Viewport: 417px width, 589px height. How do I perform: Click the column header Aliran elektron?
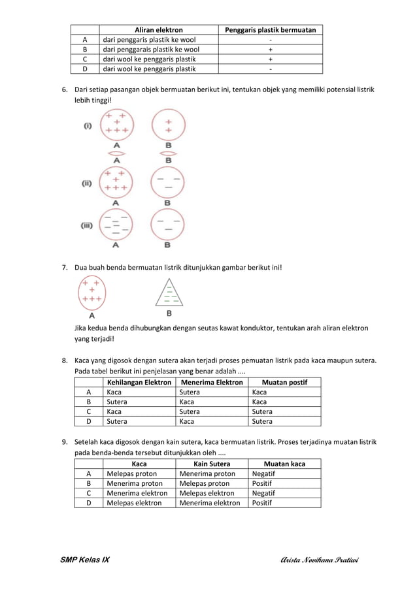[158, 30]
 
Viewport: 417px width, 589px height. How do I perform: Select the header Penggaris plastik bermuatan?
[270, 30]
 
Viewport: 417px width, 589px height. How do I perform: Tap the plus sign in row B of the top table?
[270, 49]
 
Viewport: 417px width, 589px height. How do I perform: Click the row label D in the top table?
[85, 69]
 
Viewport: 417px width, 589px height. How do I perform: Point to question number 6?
[65, 89]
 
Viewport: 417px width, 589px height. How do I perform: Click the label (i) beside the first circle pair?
[87, 126]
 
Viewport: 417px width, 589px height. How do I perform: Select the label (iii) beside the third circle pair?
[86, 226]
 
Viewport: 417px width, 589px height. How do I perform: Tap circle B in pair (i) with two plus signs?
[168, 125]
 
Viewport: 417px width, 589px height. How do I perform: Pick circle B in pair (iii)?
[168, 225]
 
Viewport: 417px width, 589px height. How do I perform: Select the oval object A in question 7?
[92, 293]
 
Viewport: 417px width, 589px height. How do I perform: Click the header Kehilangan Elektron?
[139, 382]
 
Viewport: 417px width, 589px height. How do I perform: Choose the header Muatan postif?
[284, 382]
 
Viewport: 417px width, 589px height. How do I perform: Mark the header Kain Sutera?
[212, 464]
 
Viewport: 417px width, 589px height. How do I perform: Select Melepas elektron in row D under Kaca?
[134, 503]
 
